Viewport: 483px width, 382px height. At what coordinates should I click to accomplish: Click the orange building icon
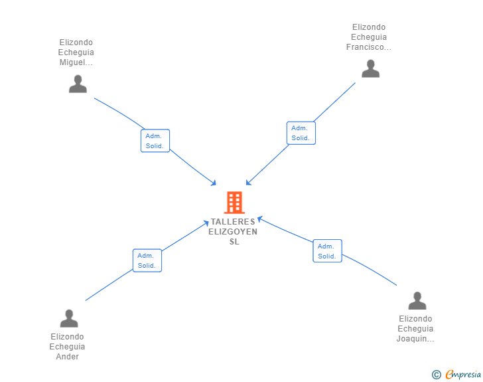[234, 202]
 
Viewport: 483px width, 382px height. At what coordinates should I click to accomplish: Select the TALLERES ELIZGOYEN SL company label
[233, 232]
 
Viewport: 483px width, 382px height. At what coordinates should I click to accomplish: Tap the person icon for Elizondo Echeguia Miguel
[78, 84]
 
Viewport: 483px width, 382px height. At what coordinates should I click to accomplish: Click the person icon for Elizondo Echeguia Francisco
[370, 68]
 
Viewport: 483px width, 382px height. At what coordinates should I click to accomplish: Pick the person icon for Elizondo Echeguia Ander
[68, 319]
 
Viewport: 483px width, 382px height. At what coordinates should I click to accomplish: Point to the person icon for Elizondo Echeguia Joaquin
[417, 301]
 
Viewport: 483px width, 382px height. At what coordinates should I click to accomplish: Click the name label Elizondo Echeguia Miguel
[76, 52]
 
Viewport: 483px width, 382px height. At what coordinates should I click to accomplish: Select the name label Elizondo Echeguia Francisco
[370, 37]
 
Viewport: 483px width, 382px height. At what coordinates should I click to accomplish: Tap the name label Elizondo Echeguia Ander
[68, 347]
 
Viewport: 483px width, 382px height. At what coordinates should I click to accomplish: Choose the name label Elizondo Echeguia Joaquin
[416, 329]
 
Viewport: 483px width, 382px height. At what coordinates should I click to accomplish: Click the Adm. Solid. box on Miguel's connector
[155, 141]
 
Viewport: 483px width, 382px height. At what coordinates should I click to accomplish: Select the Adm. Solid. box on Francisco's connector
[301, 133]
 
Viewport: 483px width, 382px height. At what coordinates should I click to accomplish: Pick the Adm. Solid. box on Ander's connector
[147, 260]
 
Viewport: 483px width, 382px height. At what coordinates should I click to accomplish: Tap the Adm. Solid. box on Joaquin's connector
[327, 250]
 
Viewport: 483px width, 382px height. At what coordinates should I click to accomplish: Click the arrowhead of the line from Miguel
[214, 183]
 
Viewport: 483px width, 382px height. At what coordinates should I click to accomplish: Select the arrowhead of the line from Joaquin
[260, 218]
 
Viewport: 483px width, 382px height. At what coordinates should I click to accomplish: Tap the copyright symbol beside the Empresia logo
[437, 375]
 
